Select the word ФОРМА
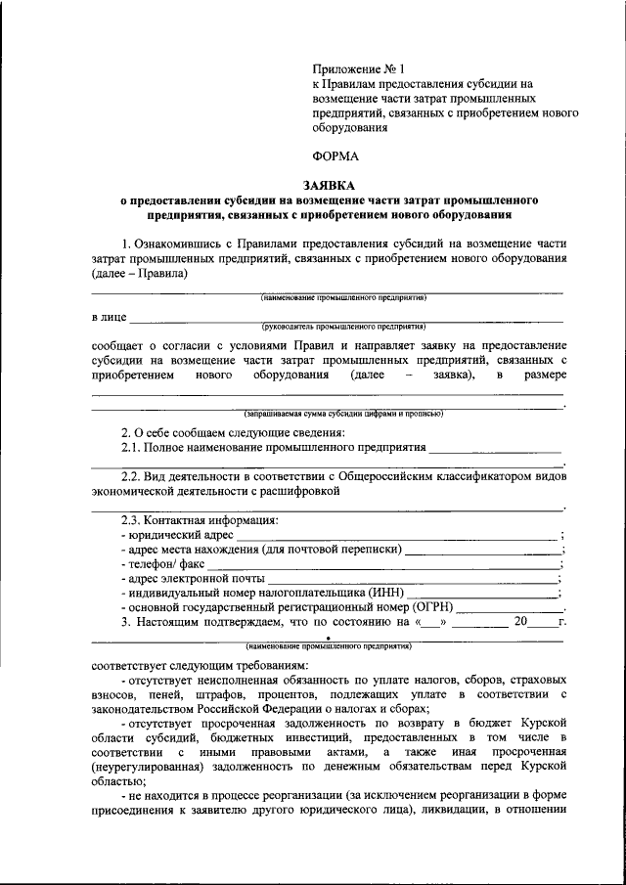coord(335,155)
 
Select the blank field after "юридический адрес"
coord(396,535)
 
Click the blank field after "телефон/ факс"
coord(381,564)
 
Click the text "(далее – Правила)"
coord(140,274)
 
